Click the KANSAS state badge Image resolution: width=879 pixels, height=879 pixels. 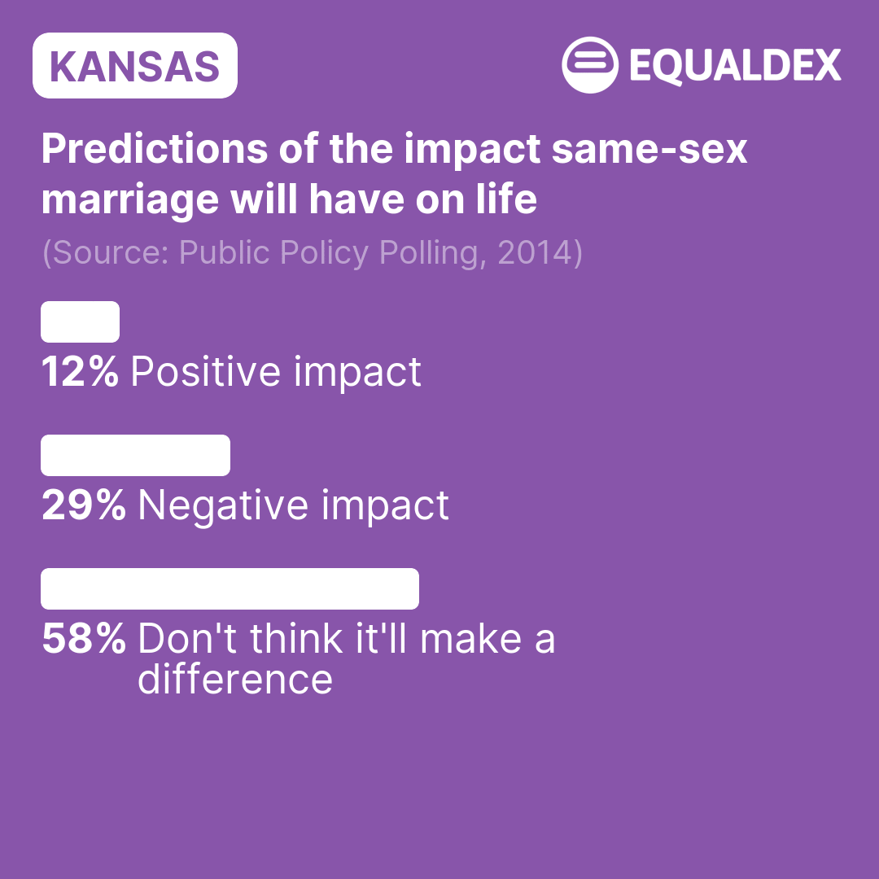pos(135,66)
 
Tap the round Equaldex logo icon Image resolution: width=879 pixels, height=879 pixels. pos(590,65)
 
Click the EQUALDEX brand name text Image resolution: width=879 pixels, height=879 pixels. pos(736,66)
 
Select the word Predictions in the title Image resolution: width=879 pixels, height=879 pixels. pos(155,149)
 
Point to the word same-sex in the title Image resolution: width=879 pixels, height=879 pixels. pos(649,150)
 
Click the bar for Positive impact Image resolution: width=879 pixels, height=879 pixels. pos(80,321)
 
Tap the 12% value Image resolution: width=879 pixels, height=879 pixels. pos(80,372)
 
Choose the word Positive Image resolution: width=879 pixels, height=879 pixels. pos(206,371)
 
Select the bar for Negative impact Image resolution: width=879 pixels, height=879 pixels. pos(136,455)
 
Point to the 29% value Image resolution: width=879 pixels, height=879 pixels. pos(84,505)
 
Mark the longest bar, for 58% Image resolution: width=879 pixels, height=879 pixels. pos(230,588)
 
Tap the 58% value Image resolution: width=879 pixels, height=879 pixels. pos(84,639)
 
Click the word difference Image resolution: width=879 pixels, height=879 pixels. pos(235,680)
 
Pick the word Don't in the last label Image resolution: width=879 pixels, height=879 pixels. pos(187,639)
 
